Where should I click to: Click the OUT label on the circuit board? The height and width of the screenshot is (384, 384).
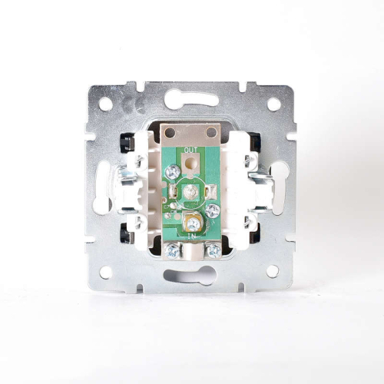tap(190, 150)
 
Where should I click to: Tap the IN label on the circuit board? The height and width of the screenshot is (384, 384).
tap(191, 237)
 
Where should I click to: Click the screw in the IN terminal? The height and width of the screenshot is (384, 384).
tap(193, 223)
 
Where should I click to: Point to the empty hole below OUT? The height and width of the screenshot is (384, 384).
tap(190, 163)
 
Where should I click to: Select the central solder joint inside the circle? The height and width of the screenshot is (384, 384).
tap(190, 191)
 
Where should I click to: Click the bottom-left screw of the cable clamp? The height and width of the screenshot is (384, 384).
tap(172, 251)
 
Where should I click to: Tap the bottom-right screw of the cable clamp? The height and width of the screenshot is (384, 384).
tap(214, 250)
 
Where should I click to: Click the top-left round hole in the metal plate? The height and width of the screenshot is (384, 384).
tap(105, 104)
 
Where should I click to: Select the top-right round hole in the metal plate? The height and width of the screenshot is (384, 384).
tap(274, 104)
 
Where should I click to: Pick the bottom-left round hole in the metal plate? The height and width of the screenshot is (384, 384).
tap(105, 272)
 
